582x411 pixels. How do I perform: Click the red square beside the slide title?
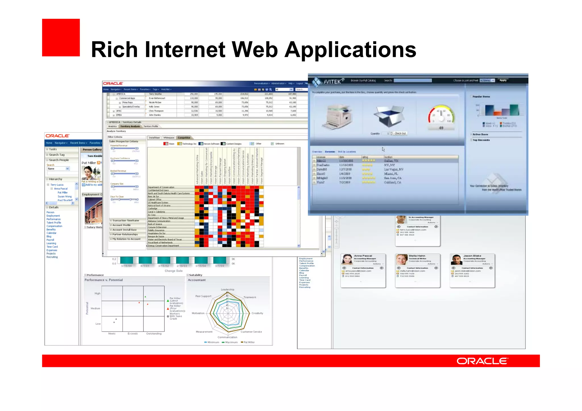click(61, 37)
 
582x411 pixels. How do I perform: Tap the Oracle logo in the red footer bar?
click(482, 361)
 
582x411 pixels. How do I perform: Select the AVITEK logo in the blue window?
click(328, 82)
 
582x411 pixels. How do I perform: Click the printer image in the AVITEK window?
click(338, 116)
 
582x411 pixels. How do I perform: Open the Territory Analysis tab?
click(130, 126)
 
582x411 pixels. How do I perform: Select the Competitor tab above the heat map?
click(184, 138)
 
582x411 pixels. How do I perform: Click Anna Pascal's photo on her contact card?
click(347, 260)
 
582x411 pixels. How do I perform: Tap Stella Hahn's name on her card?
click(417, 256)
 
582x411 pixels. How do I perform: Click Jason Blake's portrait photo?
click(456, 260)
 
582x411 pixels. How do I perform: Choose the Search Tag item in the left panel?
click(57, 155)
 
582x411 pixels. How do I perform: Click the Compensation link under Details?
click(54, 226)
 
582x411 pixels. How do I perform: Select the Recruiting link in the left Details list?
click(52, 257)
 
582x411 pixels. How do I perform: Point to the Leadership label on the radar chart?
click(228, 290)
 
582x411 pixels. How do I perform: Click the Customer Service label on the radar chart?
click(251, 332)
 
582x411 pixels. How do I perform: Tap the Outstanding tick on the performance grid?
click(154, 334)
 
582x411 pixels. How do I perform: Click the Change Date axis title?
click(174, 271)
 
